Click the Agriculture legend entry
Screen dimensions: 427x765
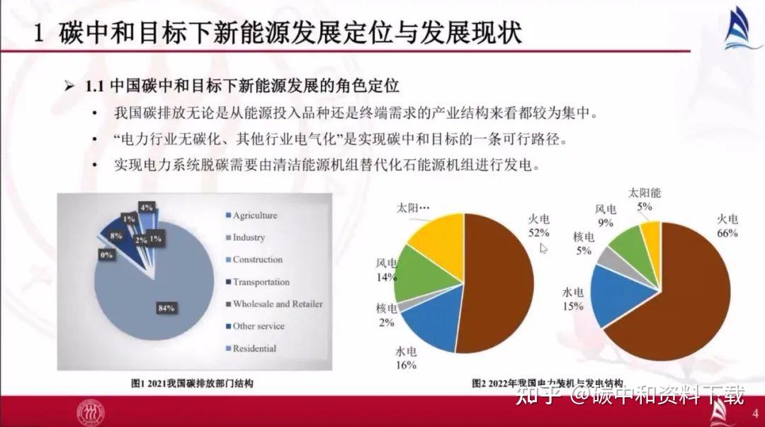254,216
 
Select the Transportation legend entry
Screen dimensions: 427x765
261,282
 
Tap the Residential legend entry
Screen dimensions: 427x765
254,348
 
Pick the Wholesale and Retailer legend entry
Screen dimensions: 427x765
277,304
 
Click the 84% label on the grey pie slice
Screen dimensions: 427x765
166,308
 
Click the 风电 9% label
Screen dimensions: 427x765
606,216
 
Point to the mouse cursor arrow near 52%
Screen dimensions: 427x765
544,248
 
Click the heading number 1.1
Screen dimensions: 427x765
95,87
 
